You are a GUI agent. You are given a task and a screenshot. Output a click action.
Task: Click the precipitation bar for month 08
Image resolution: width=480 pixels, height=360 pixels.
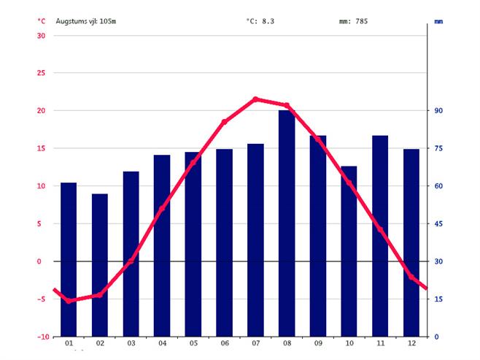287,223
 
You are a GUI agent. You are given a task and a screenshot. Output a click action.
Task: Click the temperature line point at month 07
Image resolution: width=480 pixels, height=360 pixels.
255,99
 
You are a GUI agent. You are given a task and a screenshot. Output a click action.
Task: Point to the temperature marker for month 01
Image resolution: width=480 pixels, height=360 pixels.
69,301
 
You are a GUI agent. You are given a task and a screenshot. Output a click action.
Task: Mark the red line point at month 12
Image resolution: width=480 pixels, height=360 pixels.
411,277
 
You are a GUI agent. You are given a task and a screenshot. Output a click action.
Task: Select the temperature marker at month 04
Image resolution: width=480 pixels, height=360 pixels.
162,208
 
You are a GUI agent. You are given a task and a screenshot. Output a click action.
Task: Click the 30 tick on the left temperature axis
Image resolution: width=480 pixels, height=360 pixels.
41,36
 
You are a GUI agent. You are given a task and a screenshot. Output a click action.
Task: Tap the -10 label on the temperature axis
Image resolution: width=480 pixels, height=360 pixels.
39,337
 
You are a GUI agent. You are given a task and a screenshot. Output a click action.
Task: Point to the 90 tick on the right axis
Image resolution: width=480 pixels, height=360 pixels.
439,111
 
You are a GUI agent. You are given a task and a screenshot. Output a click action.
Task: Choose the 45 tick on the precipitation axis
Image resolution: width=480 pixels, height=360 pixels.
439,224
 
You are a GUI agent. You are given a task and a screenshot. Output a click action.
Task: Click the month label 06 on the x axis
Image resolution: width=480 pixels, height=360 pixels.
224,343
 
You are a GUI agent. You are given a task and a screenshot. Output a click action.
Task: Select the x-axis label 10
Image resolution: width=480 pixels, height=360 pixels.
349,343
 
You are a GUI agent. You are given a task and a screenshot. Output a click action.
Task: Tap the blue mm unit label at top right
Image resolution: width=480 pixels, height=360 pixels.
438,22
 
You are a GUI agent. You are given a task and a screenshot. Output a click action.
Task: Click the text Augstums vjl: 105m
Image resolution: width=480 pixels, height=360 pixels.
86,21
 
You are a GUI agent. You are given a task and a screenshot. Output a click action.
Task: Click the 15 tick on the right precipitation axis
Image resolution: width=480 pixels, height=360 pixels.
439,299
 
